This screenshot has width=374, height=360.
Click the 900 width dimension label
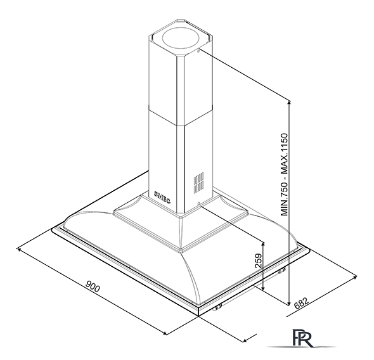[x=93, y=286]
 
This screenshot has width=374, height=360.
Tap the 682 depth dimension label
[x=301, y=304]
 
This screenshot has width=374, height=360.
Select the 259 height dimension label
[x=259, y=260]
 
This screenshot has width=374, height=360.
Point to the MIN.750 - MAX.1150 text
[x=285, y=174]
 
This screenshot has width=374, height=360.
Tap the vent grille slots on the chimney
[x=198, y=183]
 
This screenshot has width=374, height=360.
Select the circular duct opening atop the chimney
[x=181, y=39]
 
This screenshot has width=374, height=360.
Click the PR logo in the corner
[x=302, y=338]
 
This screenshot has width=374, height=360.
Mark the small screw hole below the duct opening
[x=198, y=51]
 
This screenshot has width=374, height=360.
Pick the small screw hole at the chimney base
[x=198, y=203]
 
